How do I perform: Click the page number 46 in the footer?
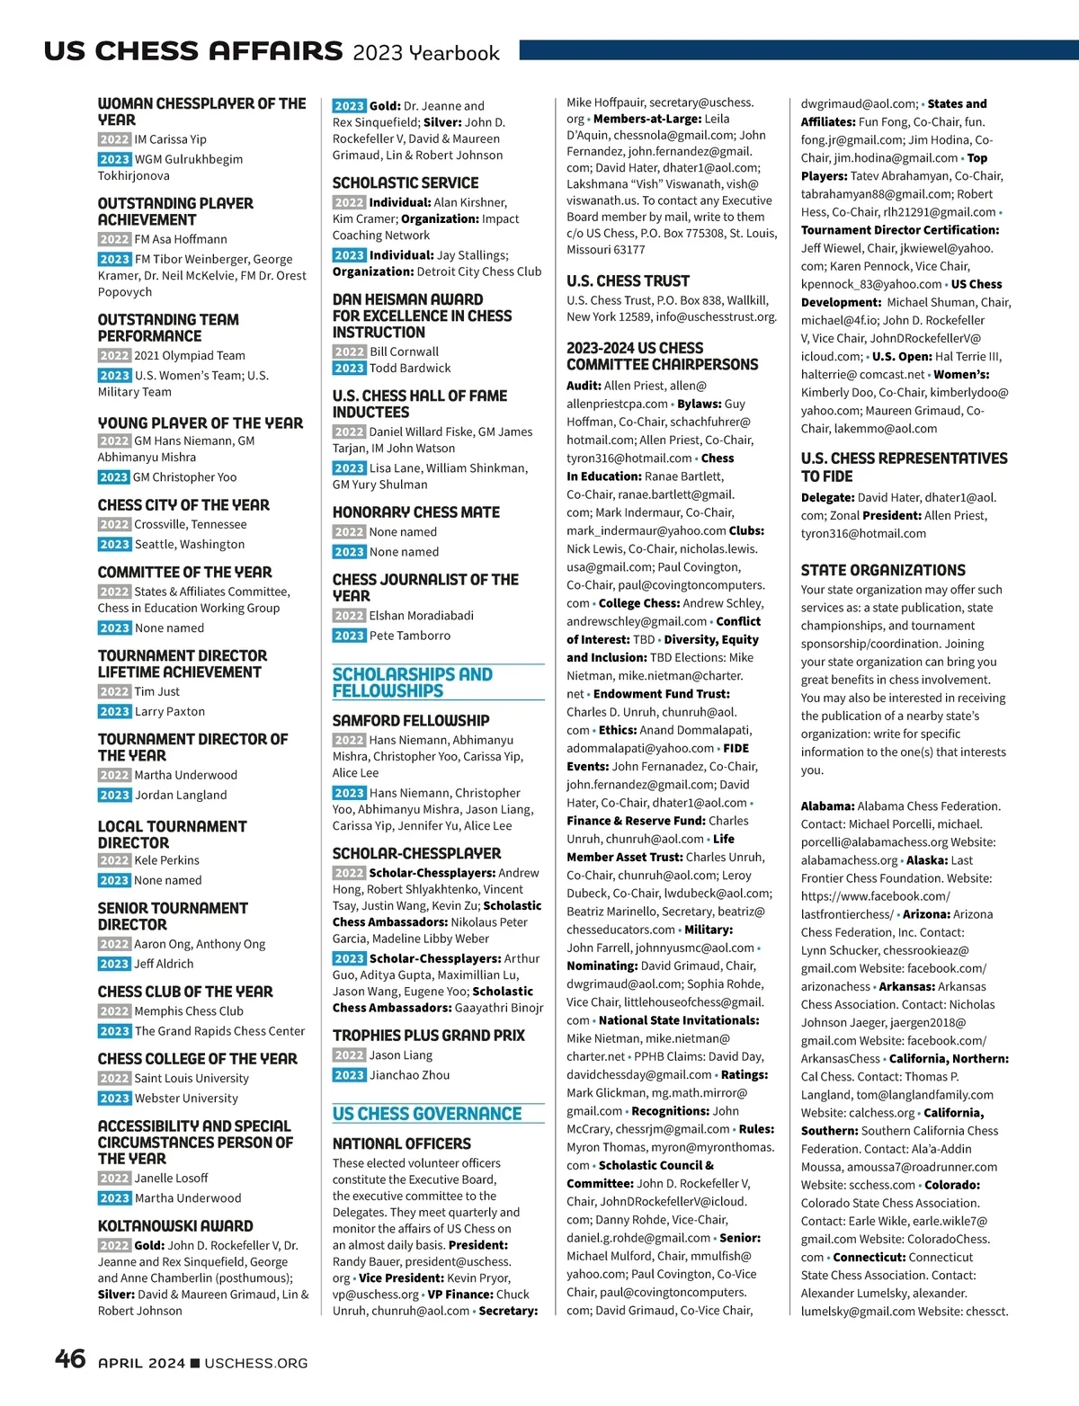pyautogui.click(x=70, y=1358)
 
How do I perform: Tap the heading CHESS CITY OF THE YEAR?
pyautogui.click(x=183, y=505)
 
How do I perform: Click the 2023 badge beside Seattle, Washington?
pyautogui.click(x=114, y=544)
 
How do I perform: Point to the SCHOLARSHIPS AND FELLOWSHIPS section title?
pyautogui.click(x=413, y=682)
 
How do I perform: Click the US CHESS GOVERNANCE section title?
pyautogui.click(x=427, y=1114)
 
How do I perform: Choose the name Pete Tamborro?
pyautogui.click(x=410, y=636)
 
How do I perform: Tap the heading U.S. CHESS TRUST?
pyautogui.click(x=628, y=280)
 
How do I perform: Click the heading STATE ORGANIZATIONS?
pyautogui.click(x=883, y=570)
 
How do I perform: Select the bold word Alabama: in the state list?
pyautogui.click(x=827, y=806)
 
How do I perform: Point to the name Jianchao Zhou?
pyautogui.click(x=409, y=1075)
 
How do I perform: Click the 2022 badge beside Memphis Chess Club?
pyautogui.click(x=114, y=1011)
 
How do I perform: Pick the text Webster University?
pyautogui.click(x=186, y=1099)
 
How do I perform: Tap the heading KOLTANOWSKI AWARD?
pyautogui.click(x=175, y=1225)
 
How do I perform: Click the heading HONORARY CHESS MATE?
pyautogui.click(x=416, y=512)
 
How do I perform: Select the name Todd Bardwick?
pyautogui.click(x=410, y=369)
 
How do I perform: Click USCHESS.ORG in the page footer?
pyautogui.click(x=255, y=1364)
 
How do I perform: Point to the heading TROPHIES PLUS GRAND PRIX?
pyautogui.click(x=429, y=1036)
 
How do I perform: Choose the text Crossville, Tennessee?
pyautogui.click(x=190, y=524)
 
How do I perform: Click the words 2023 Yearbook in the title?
pyautogui.click(x=425, y=53)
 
